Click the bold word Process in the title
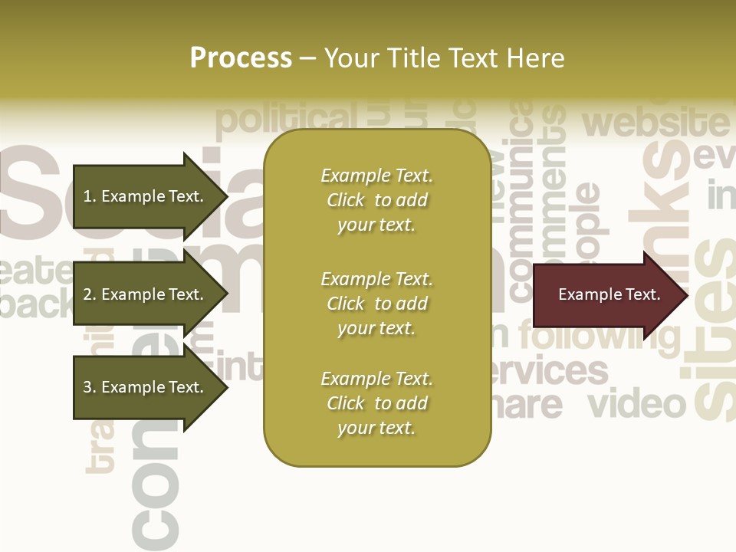click(x=241, y=58)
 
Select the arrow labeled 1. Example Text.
click(x=146, y=196)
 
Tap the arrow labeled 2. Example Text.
click(x=146, y=294)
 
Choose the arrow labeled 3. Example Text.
click(x=146, y=387)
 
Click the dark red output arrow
click(x=606, y=294)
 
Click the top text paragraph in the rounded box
click(x=377, y=200)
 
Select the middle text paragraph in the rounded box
click(x=377, y=304)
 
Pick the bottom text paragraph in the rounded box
click(x=377, y=403)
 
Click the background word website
click(x=655, y=123)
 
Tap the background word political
click(x=287, y=119)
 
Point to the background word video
click(x=636, y=403)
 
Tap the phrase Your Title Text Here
click(x=444, y=58)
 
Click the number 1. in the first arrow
click(x=90, y=196)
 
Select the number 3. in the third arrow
click(x=90, y=387)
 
